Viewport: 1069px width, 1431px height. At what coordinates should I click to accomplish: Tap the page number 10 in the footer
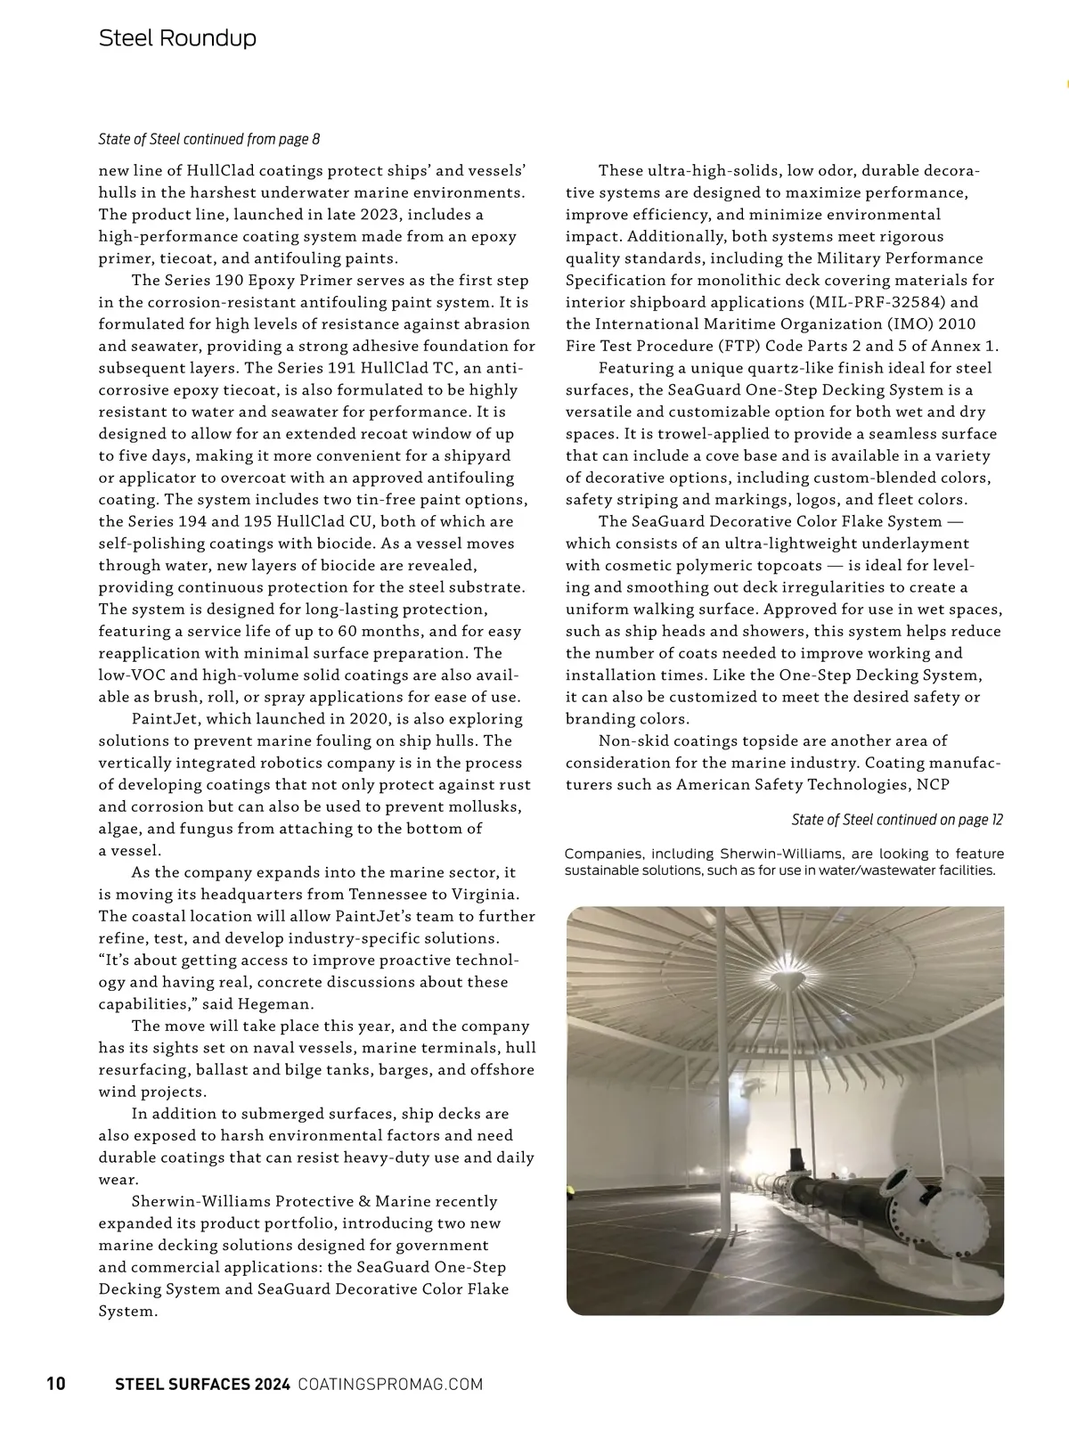pyautogui.click(x=55, y=1384)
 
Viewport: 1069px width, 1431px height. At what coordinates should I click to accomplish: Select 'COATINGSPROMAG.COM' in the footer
pyautogui.click(x=390, y=1384)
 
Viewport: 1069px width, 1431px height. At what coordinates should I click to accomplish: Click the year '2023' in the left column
pyautogui.click(x=397, y=215)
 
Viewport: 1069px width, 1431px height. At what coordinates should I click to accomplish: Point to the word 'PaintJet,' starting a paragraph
pyautogui.click(x=164, y=719)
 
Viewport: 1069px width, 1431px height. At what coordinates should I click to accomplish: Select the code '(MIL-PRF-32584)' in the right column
pyautogui.click(x=874, y=302)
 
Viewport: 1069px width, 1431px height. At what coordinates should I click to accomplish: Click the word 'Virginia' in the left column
pyautogui.click(x=490, y=895)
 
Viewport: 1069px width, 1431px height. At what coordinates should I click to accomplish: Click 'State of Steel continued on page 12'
pyautogui.click(x=897, y=820)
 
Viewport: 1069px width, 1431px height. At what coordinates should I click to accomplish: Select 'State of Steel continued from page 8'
pyautogui.click(x=208, y=140)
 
